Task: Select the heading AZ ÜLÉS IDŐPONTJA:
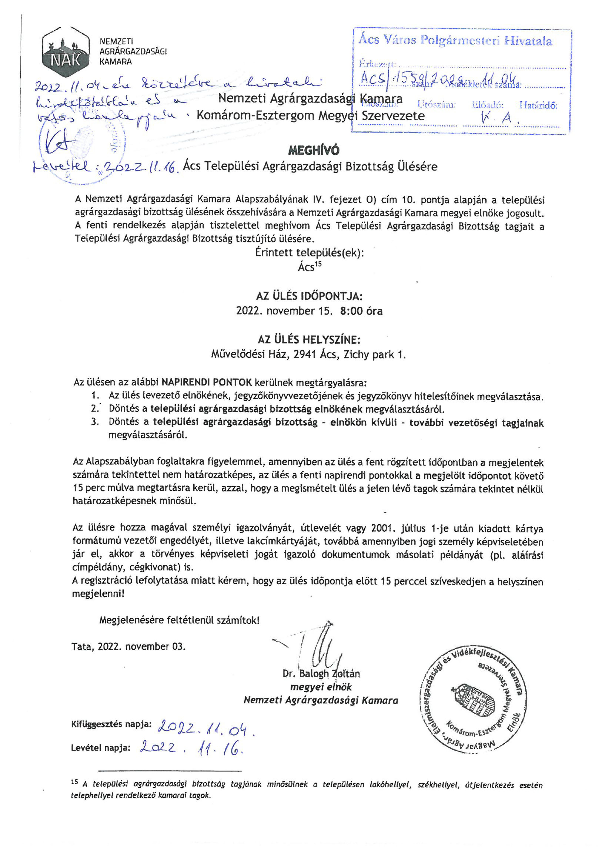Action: click(x=309, y=296)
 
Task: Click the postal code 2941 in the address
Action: click(x=305, y=355)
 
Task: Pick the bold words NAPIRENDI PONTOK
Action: click(x=207, y=382)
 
